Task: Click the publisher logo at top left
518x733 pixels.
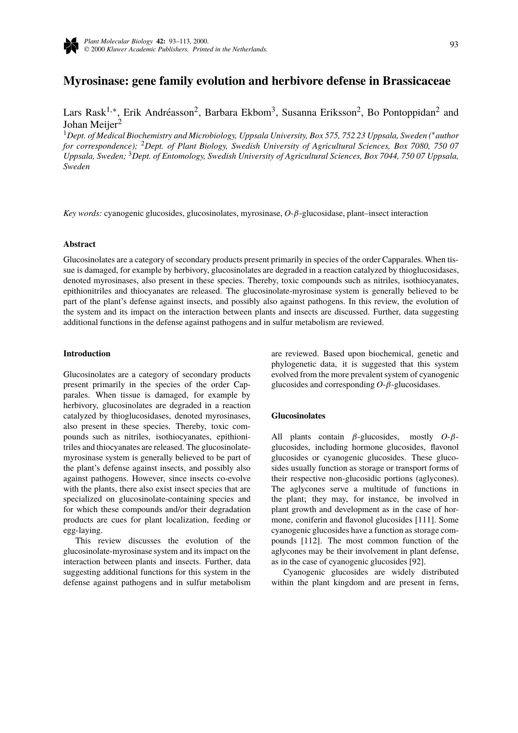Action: tap(71, 45)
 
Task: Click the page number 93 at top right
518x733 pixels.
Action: tap(454, 45)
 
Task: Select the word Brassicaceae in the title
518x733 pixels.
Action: tap(416, 81)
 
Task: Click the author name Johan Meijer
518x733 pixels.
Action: tap(90, 124)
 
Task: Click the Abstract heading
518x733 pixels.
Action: tap(79, 244)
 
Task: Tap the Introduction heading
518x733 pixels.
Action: tap(87, 354)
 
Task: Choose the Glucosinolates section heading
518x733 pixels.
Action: tap(298, 416)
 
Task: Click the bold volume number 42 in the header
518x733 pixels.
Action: tap(160, 41)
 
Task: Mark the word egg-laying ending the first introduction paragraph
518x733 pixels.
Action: tap(82, 530)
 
